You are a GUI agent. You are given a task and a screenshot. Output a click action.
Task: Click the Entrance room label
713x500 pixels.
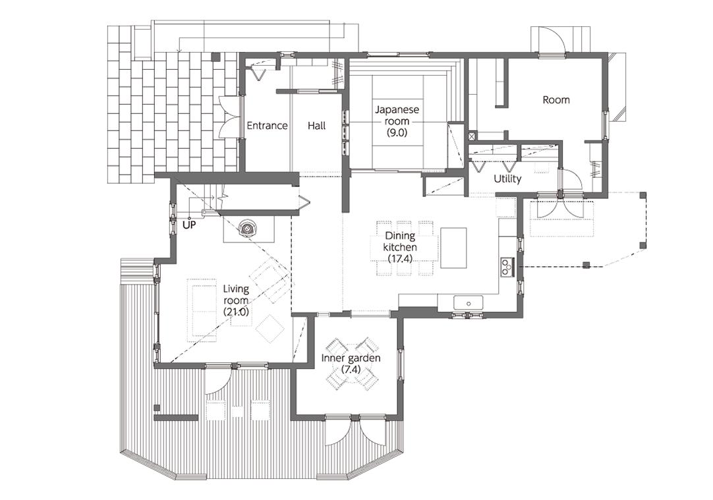click(267, 125)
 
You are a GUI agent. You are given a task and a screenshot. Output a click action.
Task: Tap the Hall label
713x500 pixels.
click(316, 125)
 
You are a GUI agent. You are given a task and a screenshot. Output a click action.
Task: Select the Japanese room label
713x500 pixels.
click(397, 115)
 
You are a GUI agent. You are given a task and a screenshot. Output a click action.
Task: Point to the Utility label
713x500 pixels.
click(507, 179)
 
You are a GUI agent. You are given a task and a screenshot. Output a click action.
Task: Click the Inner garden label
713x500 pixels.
click(351, 358)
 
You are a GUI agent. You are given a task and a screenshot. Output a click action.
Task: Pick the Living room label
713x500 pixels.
click(236, 294)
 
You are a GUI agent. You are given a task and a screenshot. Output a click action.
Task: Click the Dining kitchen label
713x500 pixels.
click(400, 241)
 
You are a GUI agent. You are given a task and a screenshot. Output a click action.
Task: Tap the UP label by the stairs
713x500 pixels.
click(190, 225)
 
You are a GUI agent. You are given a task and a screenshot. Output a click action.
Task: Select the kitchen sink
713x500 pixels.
click(468, 302)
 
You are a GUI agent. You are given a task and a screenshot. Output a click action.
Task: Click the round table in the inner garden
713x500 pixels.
click(351, 366)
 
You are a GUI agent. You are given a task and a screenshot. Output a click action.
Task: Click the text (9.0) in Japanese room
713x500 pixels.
click(397, 132)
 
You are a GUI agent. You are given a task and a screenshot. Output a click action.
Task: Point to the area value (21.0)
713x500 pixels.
click(236, 312)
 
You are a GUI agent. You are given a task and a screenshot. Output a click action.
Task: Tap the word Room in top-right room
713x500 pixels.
click(556, 100)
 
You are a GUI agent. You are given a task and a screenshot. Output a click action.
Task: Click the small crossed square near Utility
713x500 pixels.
click(472, 136)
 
